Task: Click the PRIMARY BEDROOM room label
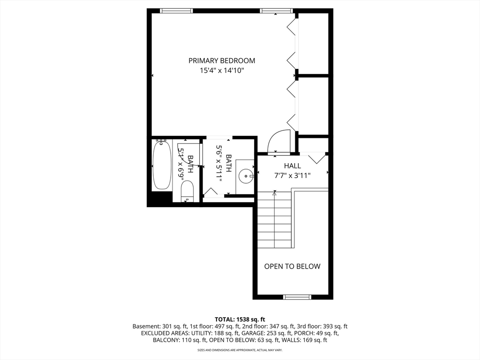[222, 60]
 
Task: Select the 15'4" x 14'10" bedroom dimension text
[222, 71]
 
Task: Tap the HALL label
[292, 166]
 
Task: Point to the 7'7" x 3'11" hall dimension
[292, 175]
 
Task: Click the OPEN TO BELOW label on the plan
[292, 266]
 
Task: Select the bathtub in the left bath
[162, 165]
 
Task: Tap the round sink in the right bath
[246, 177]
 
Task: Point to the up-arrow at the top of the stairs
[275, 192]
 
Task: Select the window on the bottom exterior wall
[298, 297]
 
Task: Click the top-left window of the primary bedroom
[176, 11]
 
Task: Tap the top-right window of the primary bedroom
[277, 11]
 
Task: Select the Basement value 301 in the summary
[165, 326]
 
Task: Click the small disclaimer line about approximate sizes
[240, 350]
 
